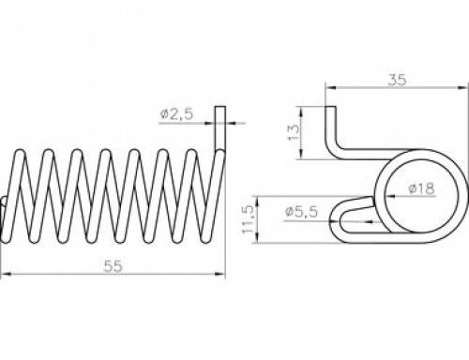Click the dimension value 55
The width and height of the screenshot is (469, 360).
[113, 266]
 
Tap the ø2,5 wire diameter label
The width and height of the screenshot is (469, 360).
[176, 114]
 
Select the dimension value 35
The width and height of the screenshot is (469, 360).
[397, 80]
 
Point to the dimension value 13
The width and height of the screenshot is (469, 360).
[294, 132]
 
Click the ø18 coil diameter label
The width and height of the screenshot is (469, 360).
[422, 188]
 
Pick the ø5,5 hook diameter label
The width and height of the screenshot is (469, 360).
[302, 212]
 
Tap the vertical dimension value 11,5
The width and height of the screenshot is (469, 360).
[248, 219]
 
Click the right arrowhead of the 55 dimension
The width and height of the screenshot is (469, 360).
[220, 274]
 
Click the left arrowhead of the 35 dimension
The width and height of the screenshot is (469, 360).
[330, 88]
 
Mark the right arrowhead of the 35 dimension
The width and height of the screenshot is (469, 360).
[463, 88]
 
